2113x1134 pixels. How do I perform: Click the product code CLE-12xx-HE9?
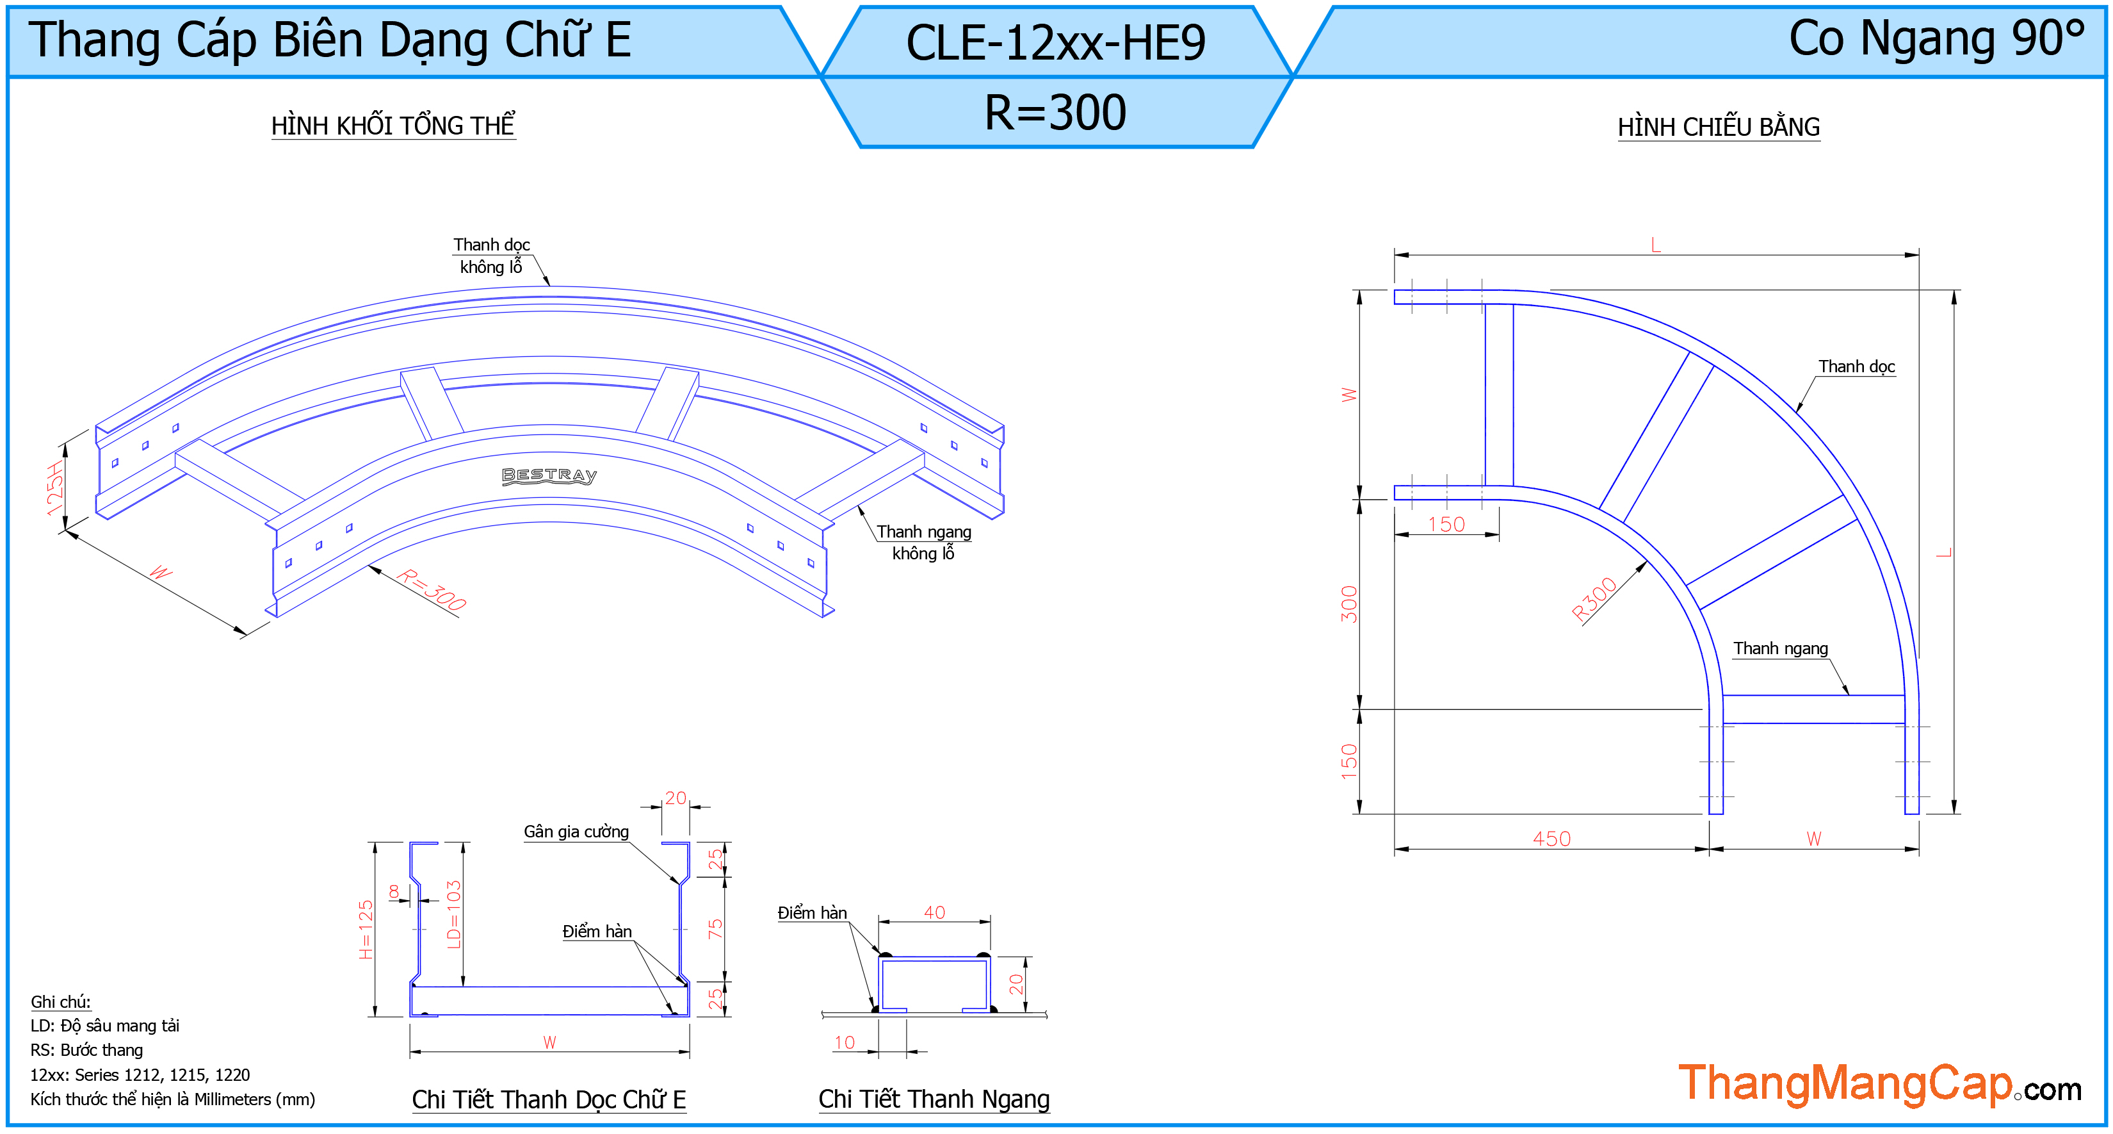1056,43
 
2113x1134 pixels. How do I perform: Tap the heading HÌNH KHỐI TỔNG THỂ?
393,126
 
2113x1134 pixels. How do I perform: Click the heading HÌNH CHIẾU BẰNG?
1719,127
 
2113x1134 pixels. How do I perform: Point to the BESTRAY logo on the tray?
549,476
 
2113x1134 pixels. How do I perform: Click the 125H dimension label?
55,488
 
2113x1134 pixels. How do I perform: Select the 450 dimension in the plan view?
1552,839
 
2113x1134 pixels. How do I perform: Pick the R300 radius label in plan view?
1593,599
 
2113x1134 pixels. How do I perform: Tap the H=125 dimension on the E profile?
366,930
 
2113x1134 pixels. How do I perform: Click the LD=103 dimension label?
453,914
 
